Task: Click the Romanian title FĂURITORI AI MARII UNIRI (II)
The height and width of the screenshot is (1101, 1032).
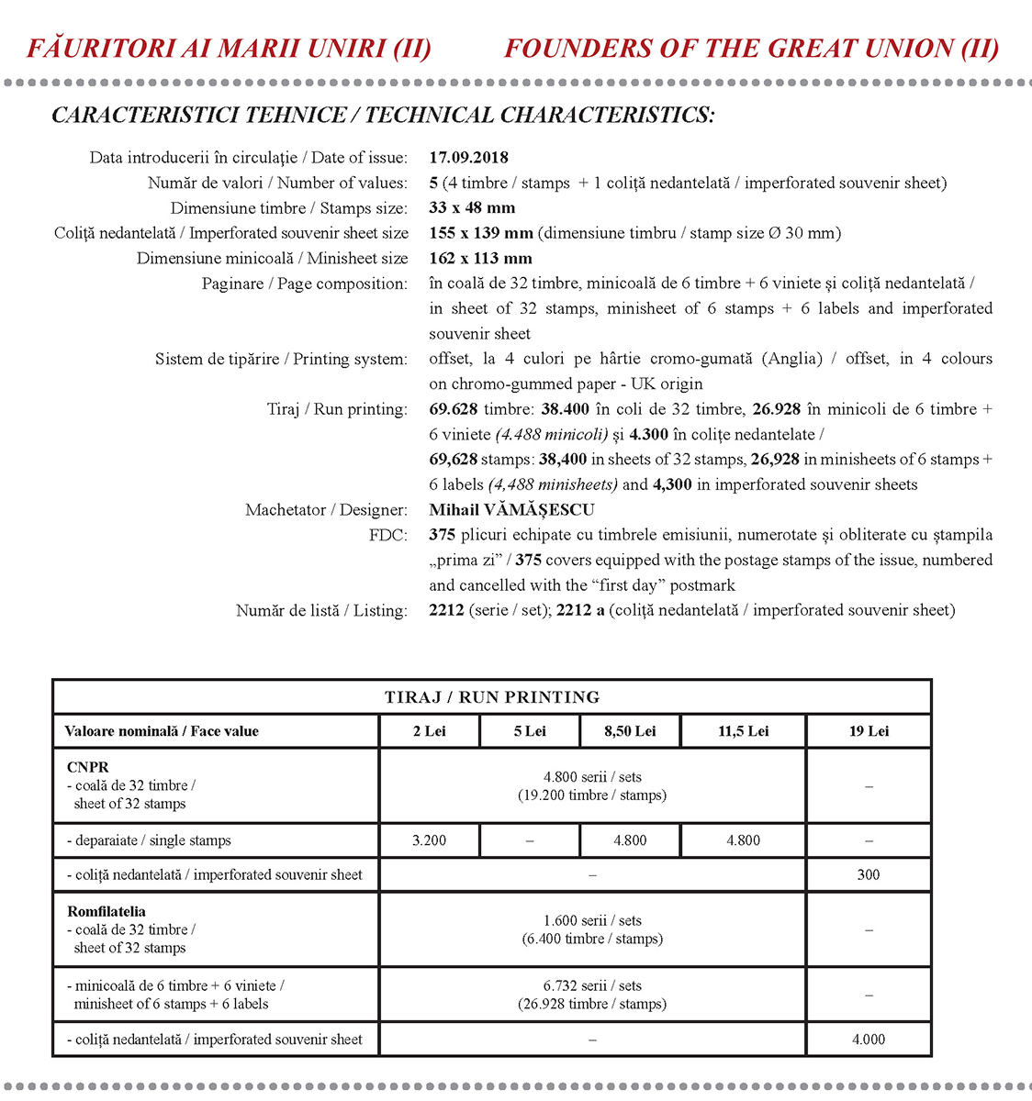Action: pos(229,49)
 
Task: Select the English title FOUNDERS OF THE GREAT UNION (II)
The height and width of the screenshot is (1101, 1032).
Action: pos(751,49)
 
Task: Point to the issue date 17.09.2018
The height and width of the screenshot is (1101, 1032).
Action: pos(468,158)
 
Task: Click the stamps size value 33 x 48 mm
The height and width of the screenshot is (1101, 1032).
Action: pos(472,208)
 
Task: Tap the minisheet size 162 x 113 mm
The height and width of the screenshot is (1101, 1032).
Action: pos(480,259)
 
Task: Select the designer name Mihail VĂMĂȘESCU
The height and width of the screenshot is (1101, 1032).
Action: pos(511,510)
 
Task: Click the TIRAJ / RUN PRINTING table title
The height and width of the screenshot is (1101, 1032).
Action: pos(492,697)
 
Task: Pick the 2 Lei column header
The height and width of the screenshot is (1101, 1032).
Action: pos(429,731)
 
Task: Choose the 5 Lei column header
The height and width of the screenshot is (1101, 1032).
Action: pos(530,731)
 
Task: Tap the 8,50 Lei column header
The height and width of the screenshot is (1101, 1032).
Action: pos(630,731)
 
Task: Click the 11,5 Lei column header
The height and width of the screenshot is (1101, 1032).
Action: pos(743,731)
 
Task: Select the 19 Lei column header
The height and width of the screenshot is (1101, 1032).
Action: pos(869,731)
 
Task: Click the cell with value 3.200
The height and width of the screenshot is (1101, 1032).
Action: pos(429,840)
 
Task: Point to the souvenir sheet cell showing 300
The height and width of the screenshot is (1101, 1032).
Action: pos(869,875)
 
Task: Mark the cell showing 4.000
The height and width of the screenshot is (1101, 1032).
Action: pos(869,1040)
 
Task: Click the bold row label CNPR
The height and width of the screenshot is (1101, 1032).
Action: pos(88,767)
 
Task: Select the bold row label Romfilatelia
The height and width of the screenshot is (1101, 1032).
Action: pos(107,912)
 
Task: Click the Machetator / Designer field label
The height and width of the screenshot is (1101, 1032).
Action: pos(326,510)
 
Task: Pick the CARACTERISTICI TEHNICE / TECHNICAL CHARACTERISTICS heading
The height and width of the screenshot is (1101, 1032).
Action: pos(383,116)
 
